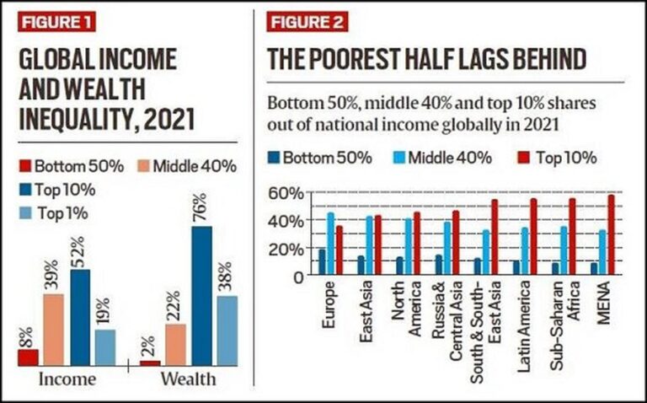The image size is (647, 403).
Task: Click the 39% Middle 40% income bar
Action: pos(53,330)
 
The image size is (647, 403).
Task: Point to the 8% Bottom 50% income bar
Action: pos(27,357)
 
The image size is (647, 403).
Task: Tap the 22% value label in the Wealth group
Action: pos(176,308)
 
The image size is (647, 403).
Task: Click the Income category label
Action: pos(67,380)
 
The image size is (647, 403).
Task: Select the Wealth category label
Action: pos(188,380)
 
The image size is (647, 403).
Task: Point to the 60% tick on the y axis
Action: pos(284,194)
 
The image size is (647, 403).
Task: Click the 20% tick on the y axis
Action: pos(284,249)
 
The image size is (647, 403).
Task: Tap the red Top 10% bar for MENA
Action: pos(612,235)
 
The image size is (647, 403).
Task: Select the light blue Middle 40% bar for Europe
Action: pos(330,243)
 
